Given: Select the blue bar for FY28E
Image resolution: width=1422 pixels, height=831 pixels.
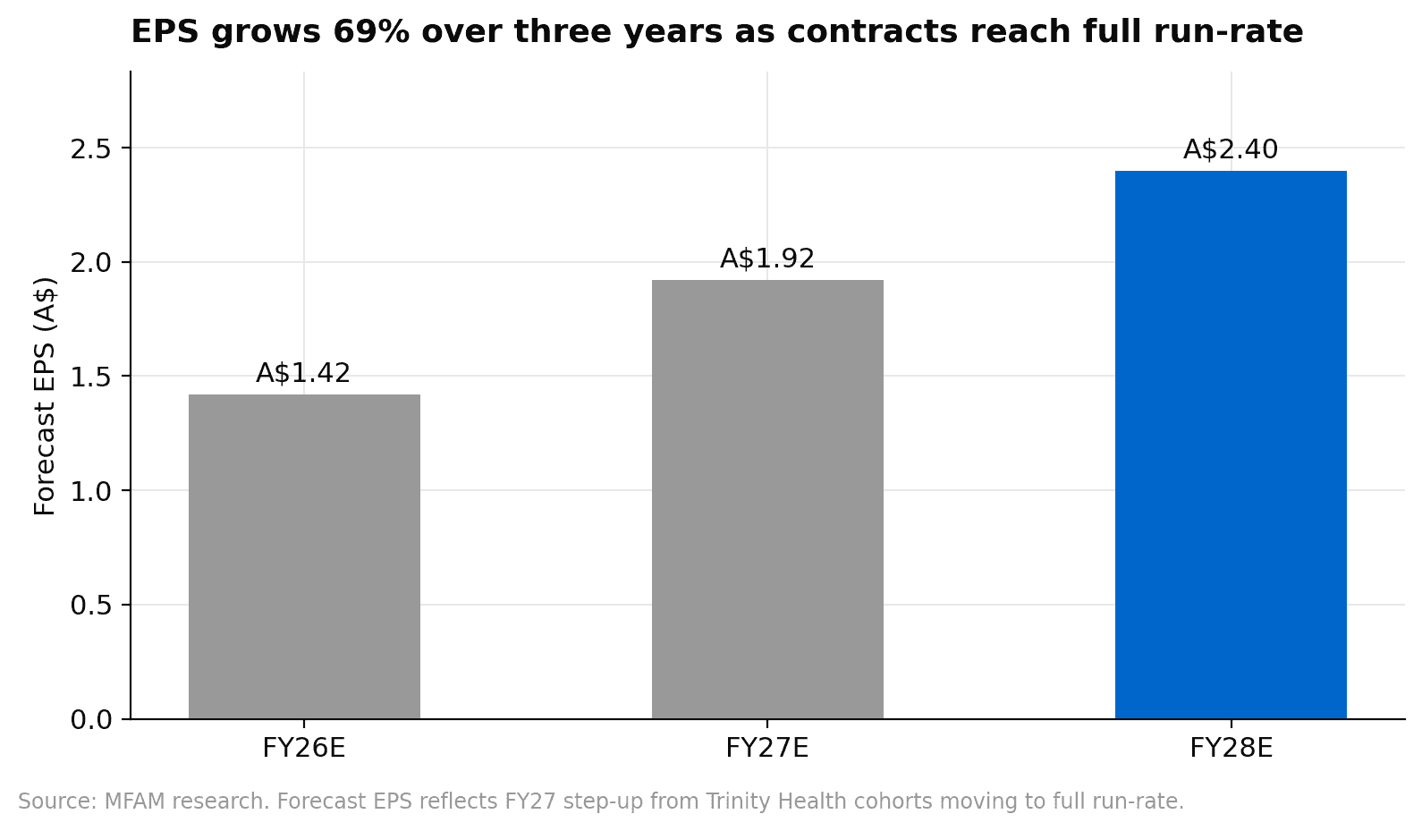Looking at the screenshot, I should coord(1231,445).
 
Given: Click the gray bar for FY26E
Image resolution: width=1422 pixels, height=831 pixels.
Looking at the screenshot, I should coord(304,556).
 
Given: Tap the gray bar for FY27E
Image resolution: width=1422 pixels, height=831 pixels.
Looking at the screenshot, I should coord(767,499).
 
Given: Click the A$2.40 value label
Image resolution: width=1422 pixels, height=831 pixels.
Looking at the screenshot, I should coord(1231,150).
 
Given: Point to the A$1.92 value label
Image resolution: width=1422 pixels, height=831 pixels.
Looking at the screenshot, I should coord(767,259).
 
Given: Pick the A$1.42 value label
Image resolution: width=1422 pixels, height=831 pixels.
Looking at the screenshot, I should coord(304,374).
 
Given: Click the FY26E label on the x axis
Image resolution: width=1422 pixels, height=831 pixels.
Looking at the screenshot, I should coord(304,748).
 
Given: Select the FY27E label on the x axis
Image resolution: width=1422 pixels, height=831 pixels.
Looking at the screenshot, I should coord(767,748).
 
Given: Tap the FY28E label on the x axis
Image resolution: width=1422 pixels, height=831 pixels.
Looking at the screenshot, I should coord(1231,748).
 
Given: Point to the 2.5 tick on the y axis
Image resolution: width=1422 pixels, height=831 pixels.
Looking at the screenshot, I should coord(90,148).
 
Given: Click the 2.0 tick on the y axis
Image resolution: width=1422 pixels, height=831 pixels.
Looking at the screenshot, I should coord(90,263).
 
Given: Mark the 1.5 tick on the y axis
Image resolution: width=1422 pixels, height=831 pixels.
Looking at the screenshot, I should coord(90,377).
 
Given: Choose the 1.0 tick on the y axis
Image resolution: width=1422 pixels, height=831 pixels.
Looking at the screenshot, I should coord(90,491).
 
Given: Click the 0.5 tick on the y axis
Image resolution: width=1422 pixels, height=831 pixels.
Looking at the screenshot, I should coord(90,606).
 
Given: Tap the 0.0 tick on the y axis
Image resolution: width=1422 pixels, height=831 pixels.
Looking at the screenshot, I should coord(90,720).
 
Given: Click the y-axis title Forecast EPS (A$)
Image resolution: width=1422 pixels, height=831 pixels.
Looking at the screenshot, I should coord(45,396).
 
